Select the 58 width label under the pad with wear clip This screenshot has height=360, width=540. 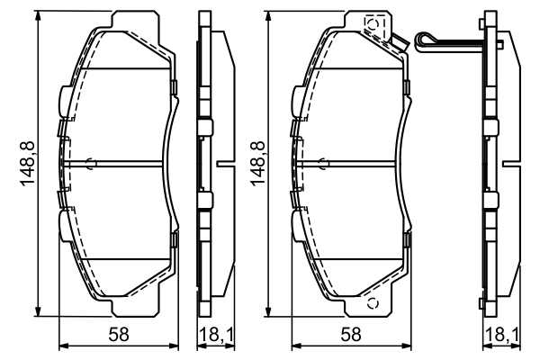[352, 335]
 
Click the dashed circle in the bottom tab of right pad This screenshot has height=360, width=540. [371, 301]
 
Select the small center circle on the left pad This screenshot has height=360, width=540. [91, 163]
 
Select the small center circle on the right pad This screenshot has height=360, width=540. [325, 163]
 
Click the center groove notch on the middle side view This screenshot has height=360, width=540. [222, 163]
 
